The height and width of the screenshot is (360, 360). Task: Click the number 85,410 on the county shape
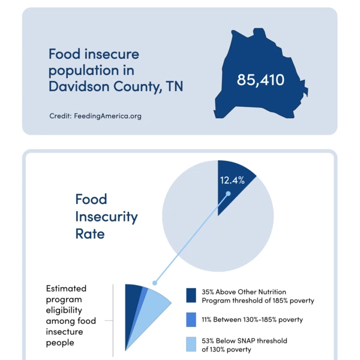[260, 80]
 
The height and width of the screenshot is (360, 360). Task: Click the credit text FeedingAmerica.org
[95, 116]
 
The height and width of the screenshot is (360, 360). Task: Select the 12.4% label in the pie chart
[232, 181]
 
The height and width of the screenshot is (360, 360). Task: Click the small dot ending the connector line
[154, 283]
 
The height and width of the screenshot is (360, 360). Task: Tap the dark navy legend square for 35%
[191, 295]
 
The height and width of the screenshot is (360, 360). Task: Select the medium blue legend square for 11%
[191, 320]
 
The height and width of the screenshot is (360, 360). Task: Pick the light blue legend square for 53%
[191, 344]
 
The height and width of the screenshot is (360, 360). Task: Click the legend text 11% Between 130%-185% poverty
[252, 320]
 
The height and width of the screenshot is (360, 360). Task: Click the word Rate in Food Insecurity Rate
[89, 233]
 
